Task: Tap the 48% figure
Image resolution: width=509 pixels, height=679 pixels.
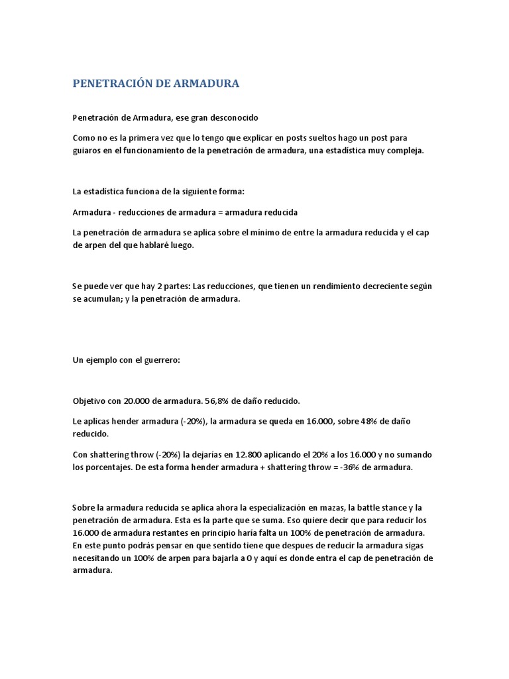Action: [359, 422]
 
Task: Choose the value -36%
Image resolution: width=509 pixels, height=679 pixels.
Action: [332, 467]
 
